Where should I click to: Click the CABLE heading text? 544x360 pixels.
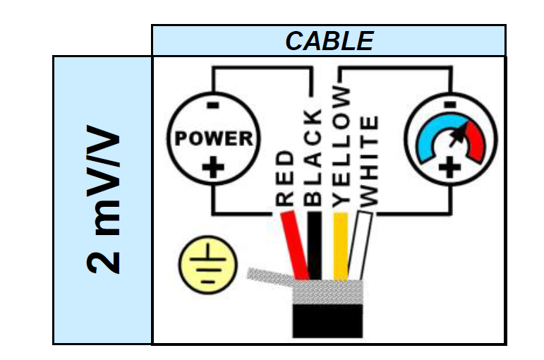tap(329, 41)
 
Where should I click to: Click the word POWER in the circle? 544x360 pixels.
tap(213, 138)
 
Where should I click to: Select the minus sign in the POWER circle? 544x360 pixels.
tap(214, 106)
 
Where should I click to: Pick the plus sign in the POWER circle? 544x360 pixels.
tap(214, 168)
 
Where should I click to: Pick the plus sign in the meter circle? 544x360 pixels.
tap(449, 167)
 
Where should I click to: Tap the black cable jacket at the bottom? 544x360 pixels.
tap(328, 322)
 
